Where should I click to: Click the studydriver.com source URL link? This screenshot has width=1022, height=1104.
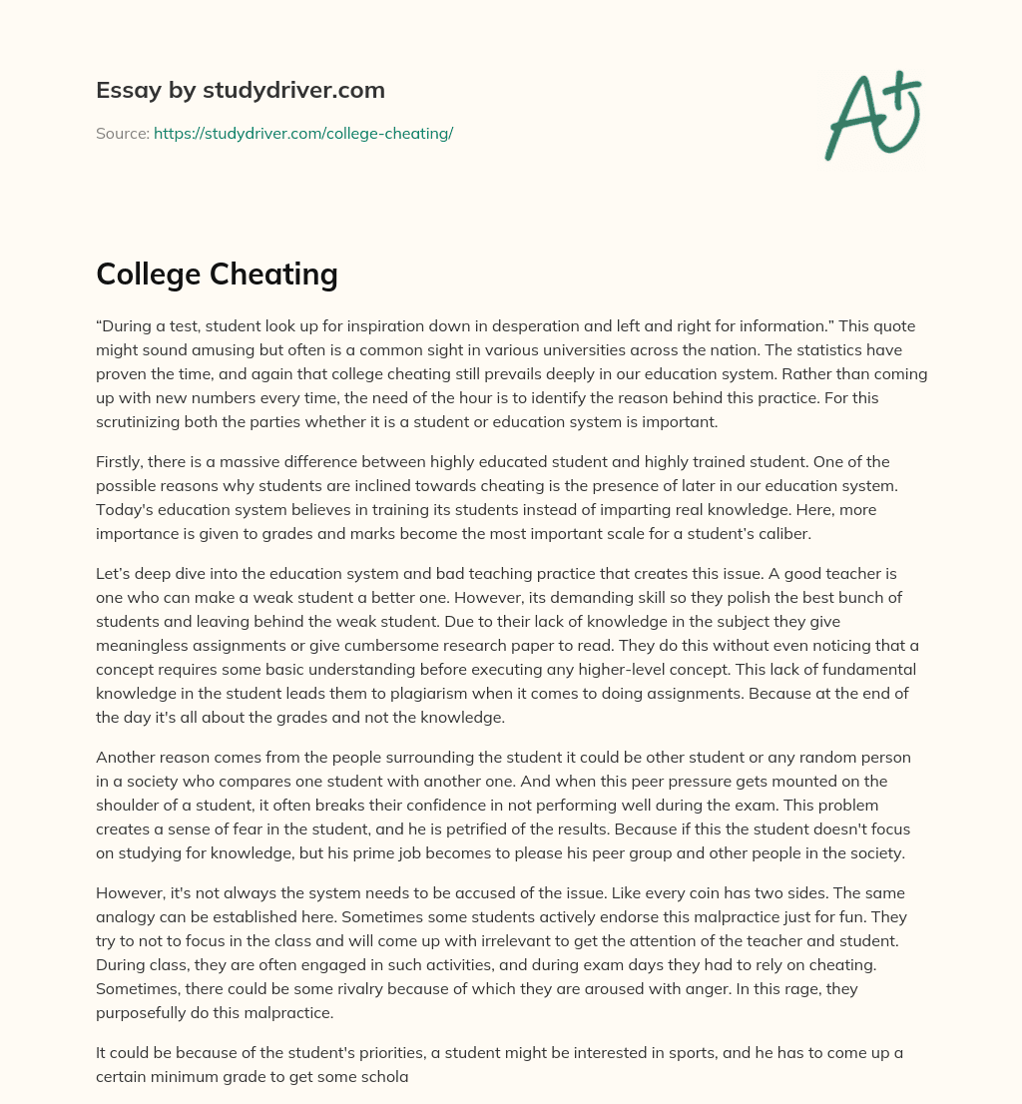303,133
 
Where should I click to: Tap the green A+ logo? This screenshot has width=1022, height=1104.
872,115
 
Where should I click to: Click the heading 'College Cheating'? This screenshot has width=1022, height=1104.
217,274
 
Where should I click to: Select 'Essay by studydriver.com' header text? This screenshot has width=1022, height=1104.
240,90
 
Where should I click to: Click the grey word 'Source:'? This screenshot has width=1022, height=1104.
123,133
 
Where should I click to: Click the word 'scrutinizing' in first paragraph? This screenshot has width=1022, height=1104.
142,422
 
